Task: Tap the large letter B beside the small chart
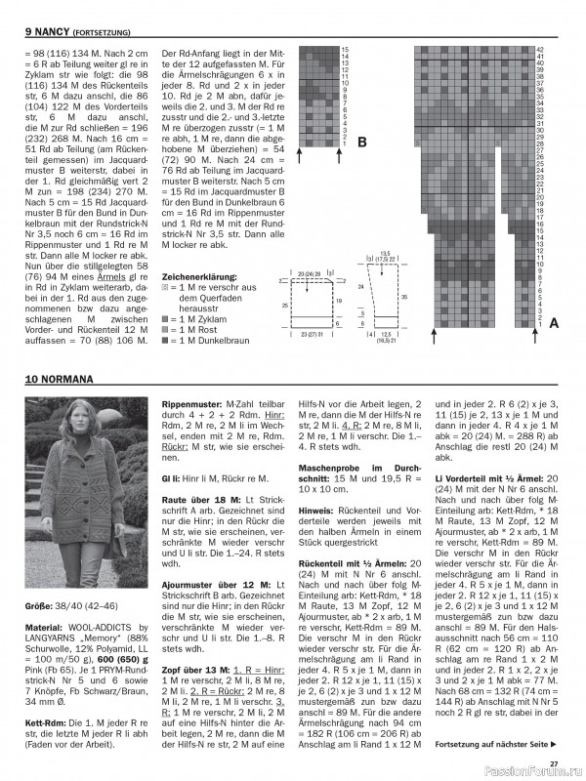(361, 143)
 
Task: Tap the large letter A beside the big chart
(554, 321)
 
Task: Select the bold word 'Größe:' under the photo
(40, 605)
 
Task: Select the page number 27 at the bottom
(553, 763)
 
